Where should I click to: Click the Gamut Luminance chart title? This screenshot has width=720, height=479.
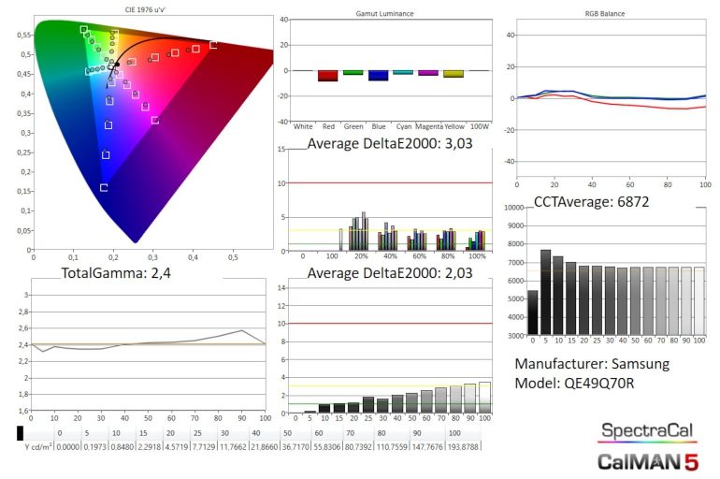pos(385,15)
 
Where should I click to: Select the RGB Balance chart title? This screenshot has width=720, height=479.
pos(603,15)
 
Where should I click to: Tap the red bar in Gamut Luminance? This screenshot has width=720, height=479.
pos(327,76)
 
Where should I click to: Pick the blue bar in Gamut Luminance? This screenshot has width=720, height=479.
pos(378,76)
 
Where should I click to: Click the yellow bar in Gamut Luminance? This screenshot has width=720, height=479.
pos(454,74)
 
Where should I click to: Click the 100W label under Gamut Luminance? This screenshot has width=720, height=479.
pos(479,125)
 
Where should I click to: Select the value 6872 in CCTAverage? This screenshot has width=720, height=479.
pos(627,202)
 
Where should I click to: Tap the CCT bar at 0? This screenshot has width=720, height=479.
pos(532,312)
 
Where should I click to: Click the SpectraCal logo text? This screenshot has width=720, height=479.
pos(647,430)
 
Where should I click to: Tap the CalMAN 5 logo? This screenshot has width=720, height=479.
pos(647,459)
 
